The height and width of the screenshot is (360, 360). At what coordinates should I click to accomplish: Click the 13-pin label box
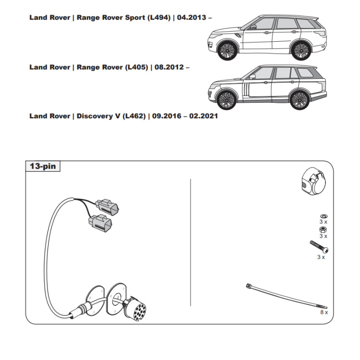click(x=43, y=167)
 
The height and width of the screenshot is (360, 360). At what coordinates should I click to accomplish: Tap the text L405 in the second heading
click(x=136, y=67)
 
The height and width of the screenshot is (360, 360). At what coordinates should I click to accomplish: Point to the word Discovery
click(x=94, y=116)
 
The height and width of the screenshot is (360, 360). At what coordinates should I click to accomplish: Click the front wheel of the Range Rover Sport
click(x=227, y=50)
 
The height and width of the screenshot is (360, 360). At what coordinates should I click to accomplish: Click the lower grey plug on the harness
click(x=99, y=223)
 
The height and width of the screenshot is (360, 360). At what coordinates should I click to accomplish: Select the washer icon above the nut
click(x=323, y=216)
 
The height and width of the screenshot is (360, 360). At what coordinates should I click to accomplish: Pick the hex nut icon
click(x=323, y=229)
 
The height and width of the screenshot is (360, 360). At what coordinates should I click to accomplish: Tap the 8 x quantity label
click(x=324, y=312)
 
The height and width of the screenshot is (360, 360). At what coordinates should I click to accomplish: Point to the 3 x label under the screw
click(x=321, y=257)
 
